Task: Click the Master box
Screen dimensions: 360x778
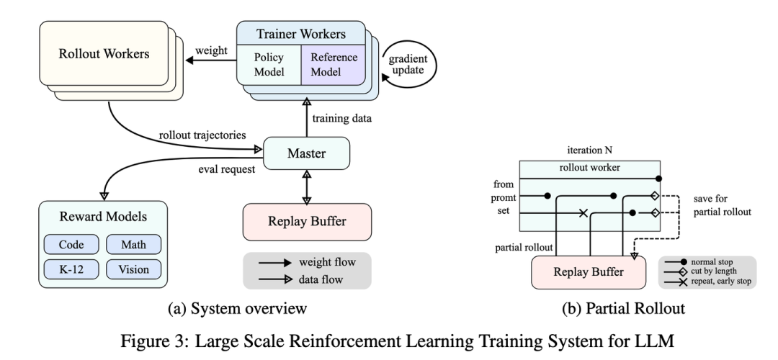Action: (x=306, y=153)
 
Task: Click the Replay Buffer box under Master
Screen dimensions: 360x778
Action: (x=308, y=220)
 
